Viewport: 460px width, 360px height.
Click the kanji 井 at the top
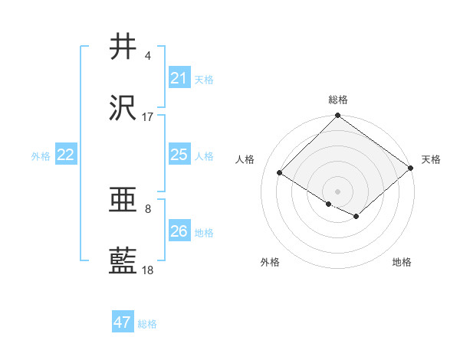[124, 47]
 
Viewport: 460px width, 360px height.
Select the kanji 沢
[124, 110]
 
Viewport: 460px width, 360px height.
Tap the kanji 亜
[124, 200]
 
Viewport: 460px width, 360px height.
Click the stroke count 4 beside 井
[147, 56]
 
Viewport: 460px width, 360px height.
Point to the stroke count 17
[147, 117]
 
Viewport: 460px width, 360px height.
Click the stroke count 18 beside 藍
[147, 270]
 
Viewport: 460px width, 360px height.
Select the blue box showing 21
[179, 78]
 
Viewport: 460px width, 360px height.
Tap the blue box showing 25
[179, 155]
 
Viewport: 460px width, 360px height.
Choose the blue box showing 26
[179, 231]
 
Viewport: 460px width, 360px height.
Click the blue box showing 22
[66, 155]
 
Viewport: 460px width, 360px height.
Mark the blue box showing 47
[123, 322]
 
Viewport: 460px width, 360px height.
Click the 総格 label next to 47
[147, 324]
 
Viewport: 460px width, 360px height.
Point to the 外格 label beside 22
[41, 156]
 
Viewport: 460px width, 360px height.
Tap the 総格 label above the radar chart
[338, 100]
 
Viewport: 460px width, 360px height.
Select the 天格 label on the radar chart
[431, 159]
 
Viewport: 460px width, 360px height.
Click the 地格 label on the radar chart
[402, 262]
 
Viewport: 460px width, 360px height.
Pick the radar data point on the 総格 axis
[337, 116]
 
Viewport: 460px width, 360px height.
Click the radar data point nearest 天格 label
[412, 169]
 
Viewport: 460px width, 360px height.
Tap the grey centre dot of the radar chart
[337, 191]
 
